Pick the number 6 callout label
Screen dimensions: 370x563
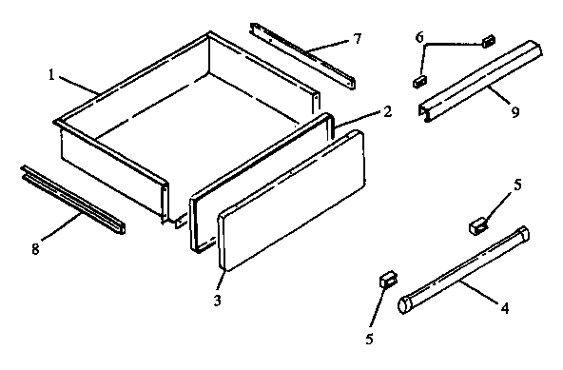coord(419,36)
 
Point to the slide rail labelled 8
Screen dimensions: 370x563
coord(71,201)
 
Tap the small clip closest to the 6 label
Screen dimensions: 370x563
coord(489,41)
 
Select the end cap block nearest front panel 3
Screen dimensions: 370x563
coord(385,279)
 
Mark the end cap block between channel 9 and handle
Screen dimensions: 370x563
coord(478,225)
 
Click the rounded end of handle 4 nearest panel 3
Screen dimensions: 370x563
coord(405,304)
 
